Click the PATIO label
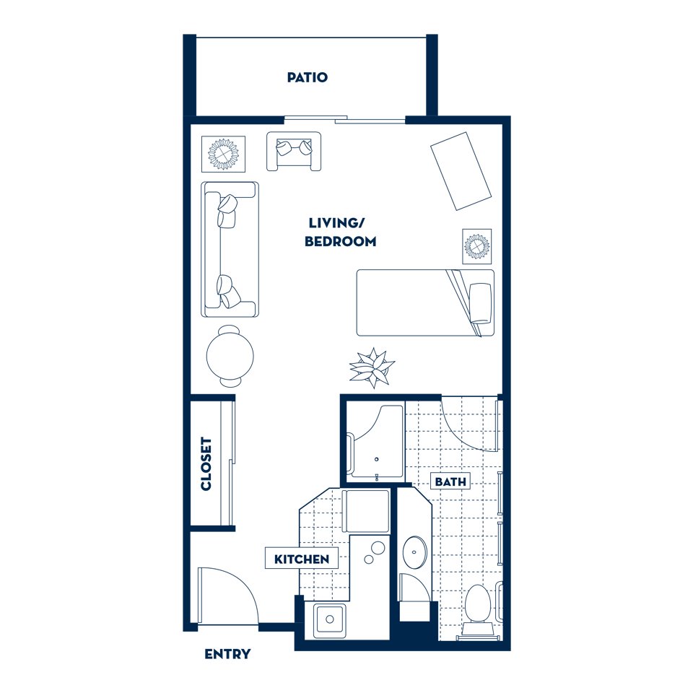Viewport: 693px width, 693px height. click(x=307, y=77)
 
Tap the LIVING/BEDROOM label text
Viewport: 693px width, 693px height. click(x=340, y=232)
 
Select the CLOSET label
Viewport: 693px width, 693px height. click(x=206, y=463)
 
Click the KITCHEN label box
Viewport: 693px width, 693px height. click(x=301, y=558)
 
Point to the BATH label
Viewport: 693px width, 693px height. click(x=450, y=481)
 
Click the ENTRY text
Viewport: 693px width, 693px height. click(x=227, y=655)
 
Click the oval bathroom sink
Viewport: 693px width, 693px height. click(x=414, y=552)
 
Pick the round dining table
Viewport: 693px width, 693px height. click(x=230, y=355)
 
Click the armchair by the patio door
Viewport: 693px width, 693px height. click(x=293, y=151)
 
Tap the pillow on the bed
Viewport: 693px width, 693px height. click(x=480, y=302)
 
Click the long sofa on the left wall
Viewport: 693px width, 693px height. click(x=230, y=249)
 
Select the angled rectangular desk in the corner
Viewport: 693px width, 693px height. click(x=461, y=170)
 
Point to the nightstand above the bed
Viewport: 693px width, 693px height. click(x=476, y=247)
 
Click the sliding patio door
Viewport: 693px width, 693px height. click(x=345, y=119)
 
